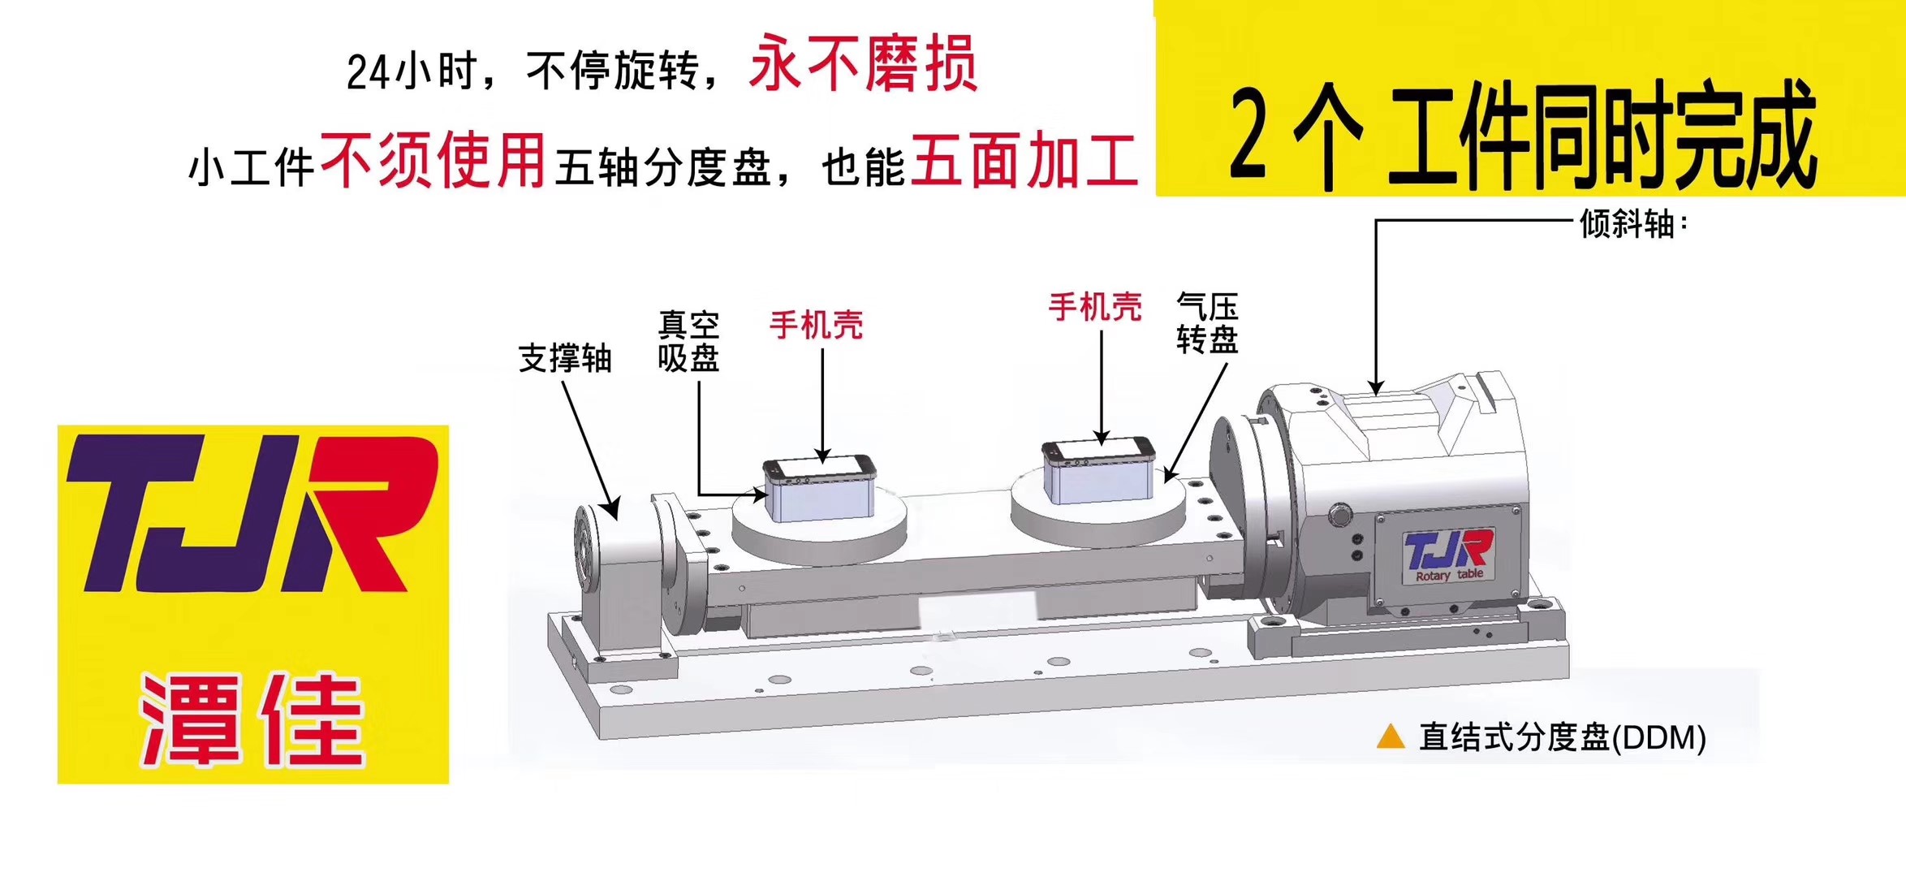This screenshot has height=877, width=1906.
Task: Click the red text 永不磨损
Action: [x=863, y=64]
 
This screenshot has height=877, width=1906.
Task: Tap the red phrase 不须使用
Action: [x=433, y=161]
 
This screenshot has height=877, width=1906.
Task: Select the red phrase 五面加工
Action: [x=1024, y=161]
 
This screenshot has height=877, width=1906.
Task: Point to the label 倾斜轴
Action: [x=1628, y=224]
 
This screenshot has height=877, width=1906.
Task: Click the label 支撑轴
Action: [x=565, y=358]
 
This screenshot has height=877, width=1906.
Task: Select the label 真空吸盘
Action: [x=688, y=341]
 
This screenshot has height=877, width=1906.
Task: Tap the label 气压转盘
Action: [x=1207, y=323]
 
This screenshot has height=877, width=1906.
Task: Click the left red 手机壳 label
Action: [x=816, y=325]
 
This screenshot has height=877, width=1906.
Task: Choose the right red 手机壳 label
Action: [x=1095, y=307]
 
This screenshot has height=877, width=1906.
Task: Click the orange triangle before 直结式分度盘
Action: [x=1391, y=736]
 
